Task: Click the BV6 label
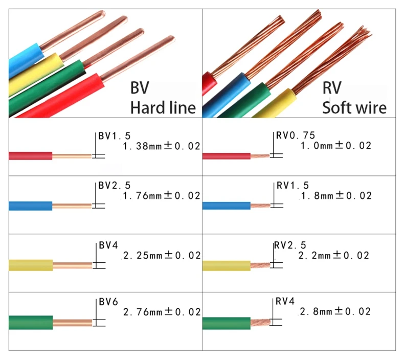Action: [x=108, y=302]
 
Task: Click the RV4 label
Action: [x=285, y=302]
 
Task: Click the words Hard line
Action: [x=163, y=107]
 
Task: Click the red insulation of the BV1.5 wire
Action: [x=31, y=156]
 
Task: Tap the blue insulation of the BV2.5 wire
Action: [x=31, y=206]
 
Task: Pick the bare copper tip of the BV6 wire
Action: [x=72, y=323]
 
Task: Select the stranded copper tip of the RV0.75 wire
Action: [x=259, y=155]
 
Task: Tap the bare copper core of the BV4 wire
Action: [x=72, y=265]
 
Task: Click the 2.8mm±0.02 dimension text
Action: [x=335, y=312]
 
